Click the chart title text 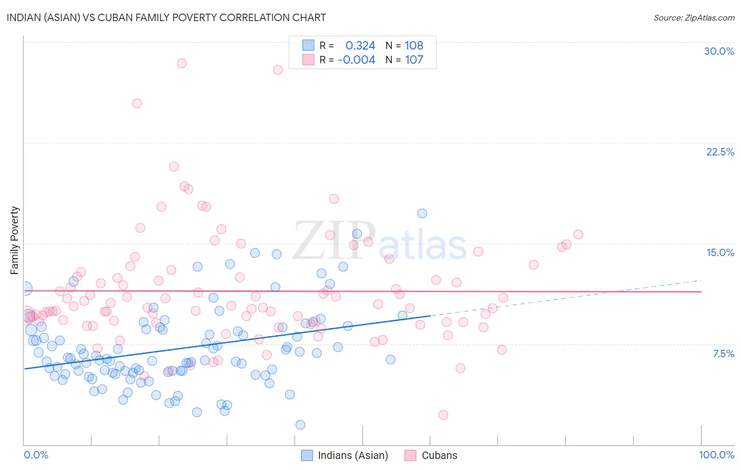point(166,17)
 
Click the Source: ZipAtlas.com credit point(694,17)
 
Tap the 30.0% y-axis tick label point(719,51)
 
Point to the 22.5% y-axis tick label point(720,152)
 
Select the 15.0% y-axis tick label point(720,252)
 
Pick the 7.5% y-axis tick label point(723,354)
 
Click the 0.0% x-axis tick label point(36,455)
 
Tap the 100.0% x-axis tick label point(716,455)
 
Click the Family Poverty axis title point(15,240)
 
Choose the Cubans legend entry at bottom point(431,455)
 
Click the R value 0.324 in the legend point(360,45)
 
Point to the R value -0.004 point(356,60)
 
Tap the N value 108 point(414,45)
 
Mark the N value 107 point(414,60)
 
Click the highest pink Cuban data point point(182,63)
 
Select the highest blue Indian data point point(422,213)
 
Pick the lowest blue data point point(300,425)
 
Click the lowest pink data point point(443,415)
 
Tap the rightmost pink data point point(578,234)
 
